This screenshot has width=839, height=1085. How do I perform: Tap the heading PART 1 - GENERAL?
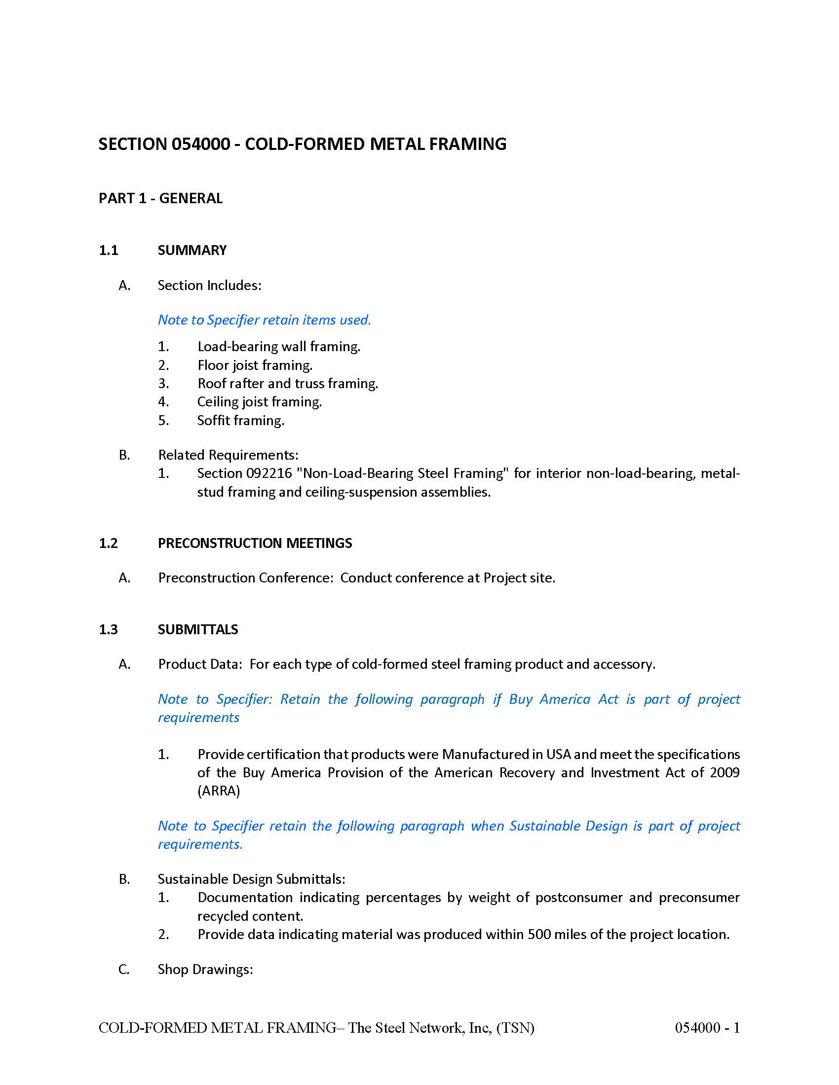coord(160,198)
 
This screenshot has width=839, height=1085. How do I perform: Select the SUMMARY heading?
coord(192,250)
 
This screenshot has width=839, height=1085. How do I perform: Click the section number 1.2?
coord(109,543)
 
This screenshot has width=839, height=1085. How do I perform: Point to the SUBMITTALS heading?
coord(198,629)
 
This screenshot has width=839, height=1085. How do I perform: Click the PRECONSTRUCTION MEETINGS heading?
coord(255,543)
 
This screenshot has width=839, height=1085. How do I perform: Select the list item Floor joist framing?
coord(255,365)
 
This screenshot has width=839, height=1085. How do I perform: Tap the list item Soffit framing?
coord(240,420)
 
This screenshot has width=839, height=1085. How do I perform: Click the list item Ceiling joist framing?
coord(260,401)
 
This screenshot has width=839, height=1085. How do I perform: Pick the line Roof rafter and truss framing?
coord(287,384)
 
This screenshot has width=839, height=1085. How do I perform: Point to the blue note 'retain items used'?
coord(264,320)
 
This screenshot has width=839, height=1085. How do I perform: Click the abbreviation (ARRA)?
coord(219,791)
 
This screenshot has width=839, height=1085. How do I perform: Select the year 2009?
coord(725,772)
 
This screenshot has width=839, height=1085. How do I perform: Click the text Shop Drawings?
coord(205,969)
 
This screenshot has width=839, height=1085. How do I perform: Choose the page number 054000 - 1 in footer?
coord(707,1028)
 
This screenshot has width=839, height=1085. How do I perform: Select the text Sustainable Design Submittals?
coord(252,879)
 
